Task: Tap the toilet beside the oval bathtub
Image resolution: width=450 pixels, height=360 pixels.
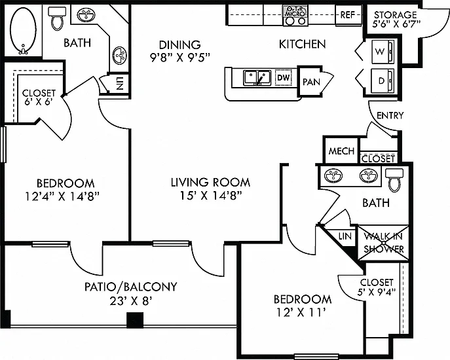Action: [57, 18]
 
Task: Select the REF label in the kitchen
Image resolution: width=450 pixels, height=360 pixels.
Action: [348, 14]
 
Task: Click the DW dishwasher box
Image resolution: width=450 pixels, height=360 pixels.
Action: [284, 77]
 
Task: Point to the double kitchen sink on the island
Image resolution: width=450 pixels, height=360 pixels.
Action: [257, 78]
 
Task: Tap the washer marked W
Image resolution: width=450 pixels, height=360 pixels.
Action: [383, 52]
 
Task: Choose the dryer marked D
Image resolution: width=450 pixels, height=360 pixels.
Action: [383, 81]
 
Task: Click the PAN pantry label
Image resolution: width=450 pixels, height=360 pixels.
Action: [311, 82]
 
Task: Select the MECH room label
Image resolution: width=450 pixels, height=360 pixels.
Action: [341, 151]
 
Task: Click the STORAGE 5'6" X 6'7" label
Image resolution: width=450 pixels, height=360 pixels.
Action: [396, 19]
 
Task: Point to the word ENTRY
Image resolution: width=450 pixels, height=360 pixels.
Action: [390, 115]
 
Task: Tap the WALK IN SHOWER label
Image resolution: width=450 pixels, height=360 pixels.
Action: [384, 243]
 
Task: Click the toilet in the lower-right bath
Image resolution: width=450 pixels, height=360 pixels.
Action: [394, 180]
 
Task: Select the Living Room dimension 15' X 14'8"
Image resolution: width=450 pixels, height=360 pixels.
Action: [211, 196]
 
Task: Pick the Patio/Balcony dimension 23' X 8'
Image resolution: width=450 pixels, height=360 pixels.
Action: [130, 301]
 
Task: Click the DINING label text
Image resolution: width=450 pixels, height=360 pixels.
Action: [180, 45]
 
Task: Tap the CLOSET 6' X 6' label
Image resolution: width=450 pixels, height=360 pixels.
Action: [39, 98]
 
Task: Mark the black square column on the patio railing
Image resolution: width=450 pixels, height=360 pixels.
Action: [135, 320]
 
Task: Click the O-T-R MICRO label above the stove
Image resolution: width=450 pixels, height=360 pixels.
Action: [295, 12]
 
